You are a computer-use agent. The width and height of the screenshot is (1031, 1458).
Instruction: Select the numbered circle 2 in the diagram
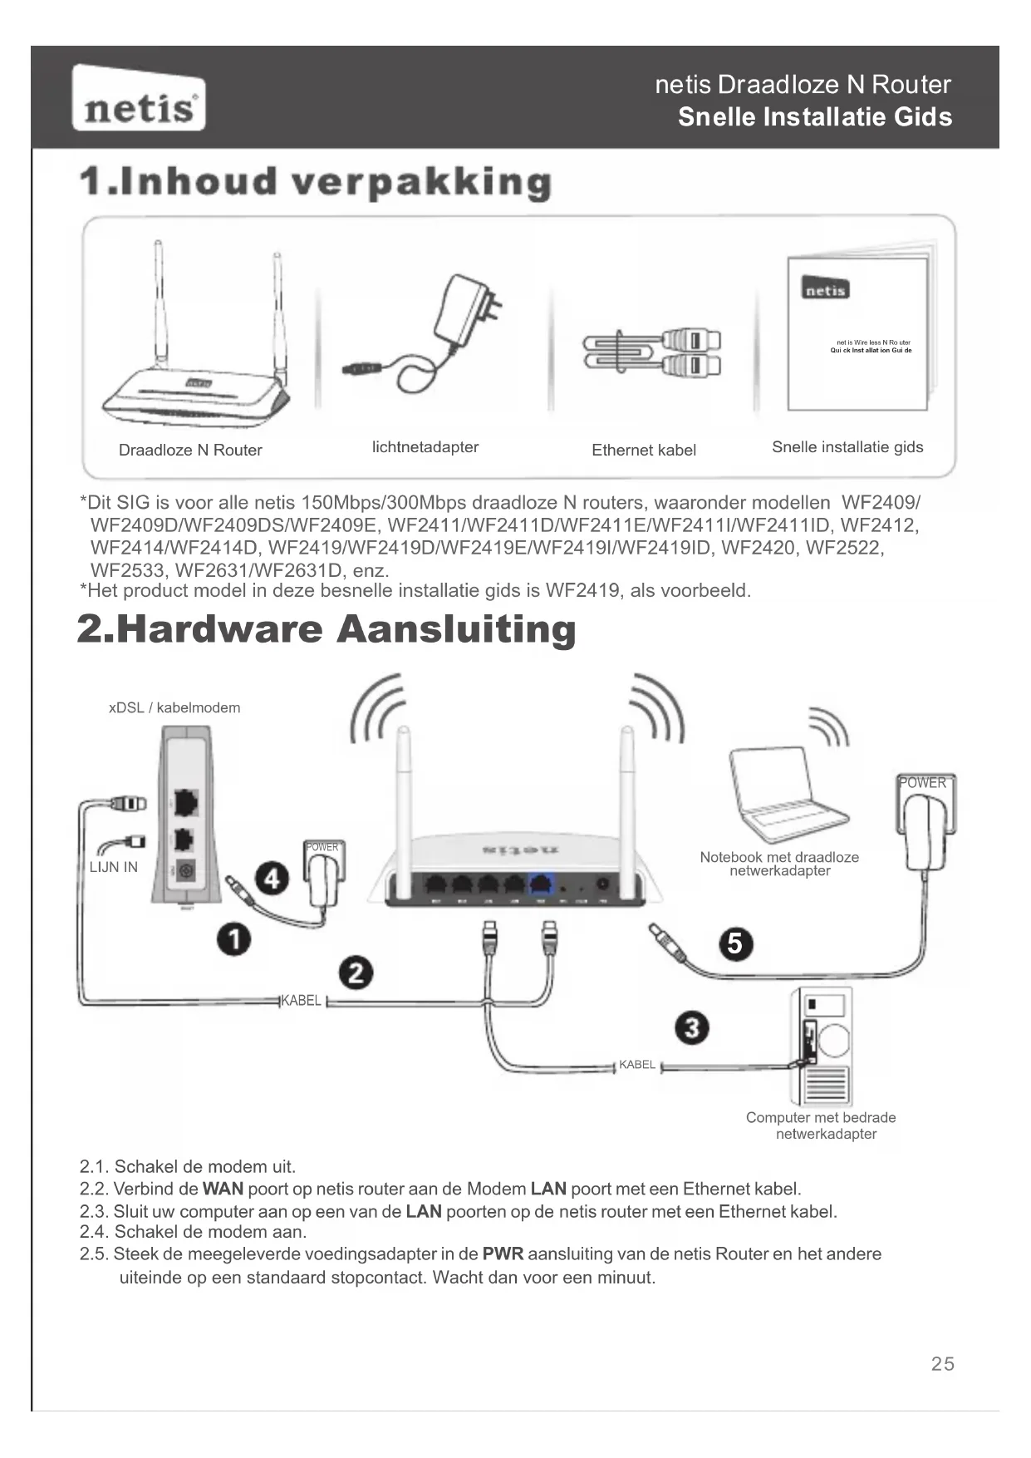pos(356,973)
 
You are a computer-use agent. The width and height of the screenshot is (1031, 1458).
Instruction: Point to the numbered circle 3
pos(692,1028)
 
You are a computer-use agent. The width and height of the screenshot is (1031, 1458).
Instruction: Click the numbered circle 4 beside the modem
pos(272,878)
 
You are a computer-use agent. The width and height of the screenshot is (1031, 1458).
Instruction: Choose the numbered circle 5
pos(735,943)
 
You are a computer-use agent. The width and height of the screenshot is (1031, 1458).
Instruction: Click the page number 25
pos(943,1363)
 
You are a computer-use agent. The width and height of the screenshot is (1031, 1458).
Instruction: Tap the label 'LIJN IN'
pos(114,867)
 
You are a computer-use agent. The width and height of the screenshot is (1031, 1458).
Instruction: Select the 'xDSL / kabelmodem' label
pos(174,708)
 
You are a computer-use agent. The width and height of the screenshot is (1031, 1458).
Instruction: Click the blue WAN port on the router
pos(542,884)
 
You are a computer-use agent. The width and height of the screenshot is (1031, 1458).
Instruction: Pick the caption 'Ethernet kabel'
pos(644,450)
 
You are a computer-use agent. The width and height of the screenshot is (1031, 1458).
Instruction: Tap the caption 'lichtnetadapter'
pos(425,447)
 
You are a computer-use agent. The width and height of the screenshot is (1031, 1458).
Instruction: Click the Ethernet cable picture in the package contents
pos(652,352)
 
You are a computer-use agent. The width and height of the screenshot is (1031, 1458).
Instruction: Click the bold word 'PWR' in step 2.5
pos(503,1254)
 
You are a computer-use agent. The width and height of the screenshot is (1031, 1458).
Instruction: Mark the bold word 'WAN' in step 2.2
pos(223,1189)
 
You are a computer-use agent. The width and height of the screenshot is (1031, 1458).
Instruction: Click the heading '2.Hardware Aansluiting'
pos(326,629)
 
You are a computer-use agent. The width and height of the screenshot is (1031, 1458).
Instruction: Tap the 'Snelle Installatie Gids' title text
pos(815,117)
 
